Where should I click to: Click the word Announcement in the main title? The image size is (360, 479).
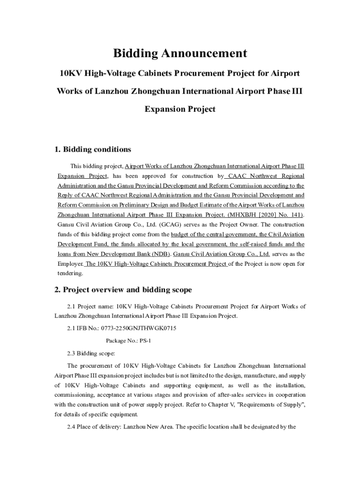coord(202,53)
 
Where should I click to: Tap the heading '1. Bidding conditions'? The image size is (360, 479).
coord(93,150)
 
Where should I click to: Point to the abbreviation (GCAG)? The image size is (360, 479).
coord(161,225)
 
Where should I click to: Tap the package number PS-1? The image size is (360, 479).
coord(145,341)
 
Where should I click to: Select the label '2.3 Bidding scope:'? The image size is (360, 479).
coord(88,353)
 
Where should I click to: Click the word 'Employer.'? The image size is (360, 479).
coord(70,264)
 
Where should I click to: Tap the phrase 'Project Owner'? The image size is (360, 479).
coord(243,225)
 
